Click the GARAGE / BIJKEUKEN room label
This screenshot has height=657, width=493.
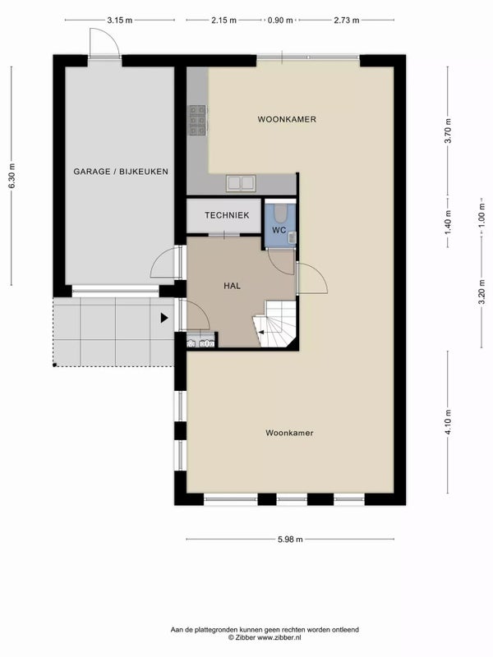click(x=121, y=172)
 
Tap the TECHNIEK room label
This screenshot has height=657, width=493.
click(x=227, y=215)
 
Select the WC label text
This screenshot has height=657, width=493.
click(x=279, y=230)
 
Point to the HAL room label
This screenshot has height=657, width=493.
click(x=232, y=286)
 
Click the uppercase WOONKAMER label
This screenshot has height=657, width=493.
click(x=287, y=119)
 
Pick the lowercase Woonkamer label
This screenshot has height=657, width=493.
click(x=290, y=432)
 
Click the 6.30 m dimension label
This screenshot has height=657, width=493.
click(x=12, y=175)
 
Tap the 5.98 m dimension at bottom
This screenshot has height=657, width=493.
click(x=289, y=539)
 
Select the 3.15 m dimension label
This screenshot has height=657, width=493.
click(x=120, y=21)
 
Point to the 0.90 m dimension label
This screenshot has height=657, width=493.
click(x=280, y=21)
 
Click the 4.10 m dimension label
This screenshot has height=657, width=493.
click(x=448, y=423)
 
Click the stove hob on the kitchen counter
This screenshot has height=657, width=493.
click(x=198, y=120)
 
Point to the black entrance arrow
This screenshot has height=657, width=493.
click(x=164, y=317)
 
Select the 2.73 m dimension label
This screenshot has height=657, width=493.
click(x=345, y=21)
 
